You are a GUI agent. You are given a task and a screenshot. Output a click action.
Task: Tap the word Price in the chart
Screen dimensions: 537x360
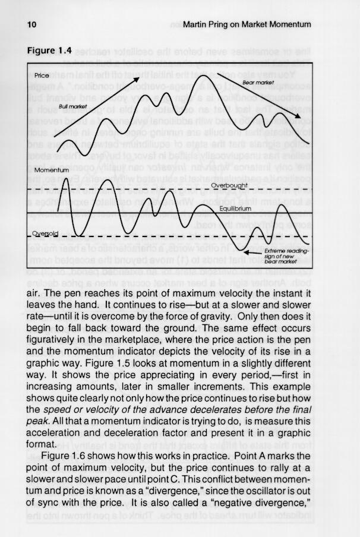42,77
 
